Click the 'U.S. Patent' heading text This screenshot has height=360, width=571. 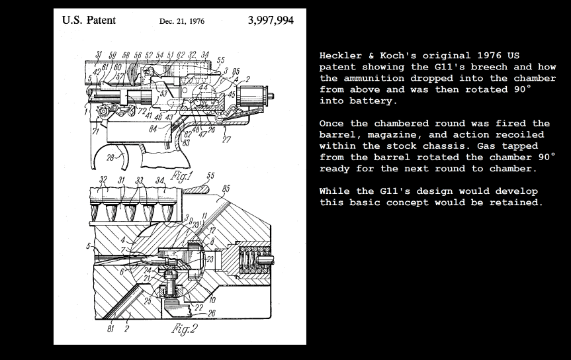(x=89, y=20)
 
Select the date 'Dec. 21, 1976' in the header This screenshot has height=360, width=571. (x=182, y=21)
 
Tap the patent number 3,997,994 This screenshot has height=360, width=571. (x=271, y=20)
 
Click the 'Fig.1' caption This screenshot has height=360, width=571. (x=181, y=176)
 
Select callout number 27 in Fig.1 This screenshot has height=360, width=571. (x=226, y=140)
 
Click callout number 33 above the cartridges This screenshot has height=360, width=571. (x=139, y=180)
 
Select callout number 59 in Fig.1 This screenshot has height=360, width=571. (x=112, y=55)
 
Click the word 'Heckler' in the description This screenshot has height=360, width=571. (x=339, y=56)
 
